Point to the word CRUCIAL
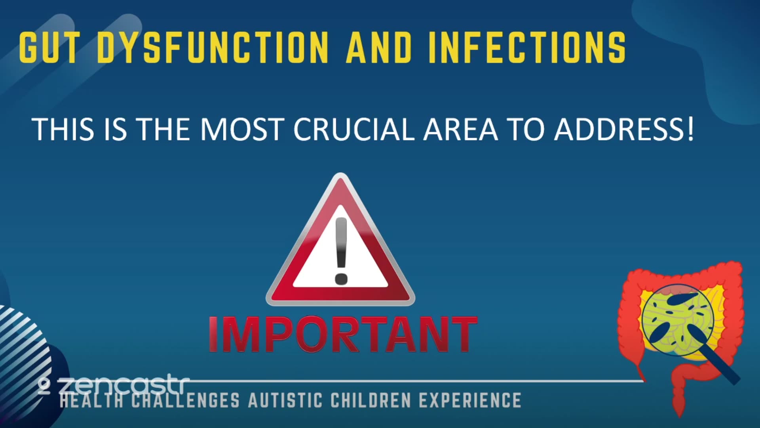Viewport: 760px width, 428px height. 353,129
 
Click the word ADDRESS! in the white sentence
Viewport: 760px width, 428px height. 624,129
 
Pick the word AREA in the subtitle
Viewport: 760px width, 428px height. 460,129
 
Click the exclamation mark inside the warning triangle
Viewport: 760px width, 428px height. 341,250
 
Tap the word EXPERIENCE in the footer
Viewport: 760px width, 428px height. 470,400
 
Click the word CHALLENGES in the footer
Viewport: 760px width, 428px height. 185,400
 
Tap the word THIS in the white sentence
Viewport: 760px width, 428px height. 63,129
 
